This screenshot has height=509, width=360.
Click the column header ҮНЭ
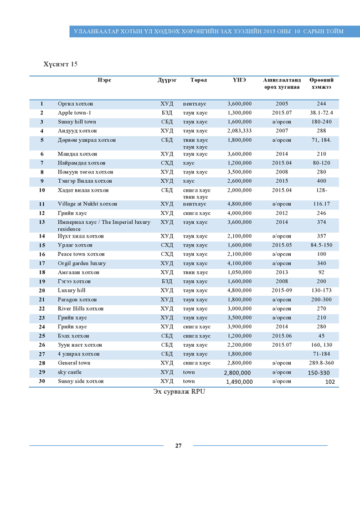[239, 80]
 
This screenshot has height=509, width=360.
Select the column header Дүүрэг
[167, 80]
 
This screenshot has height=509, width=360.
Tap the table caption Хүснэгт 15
[60, 64]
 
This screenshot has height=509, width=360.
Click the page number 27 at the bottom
[178, 445]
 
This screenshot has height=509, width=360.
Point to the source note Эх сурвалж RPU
[179, 392]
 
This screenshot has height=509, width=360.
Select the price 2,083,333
[239, 131]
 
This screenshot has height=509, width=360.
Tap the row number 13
[42, 222]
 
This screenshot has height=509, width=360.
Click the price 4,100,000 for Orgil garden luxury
[239, 263]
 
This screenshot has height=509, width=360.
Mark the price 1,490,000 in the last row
[239, 382]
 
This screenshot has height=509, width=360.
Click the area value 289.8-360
[321, 363]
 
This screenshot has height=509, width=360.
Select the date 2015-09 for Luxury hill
[281, 290]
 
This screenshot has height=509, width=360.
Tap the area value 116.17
[321, 204]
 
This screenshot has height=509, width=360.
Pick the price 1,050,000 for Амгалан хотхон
[239, 273]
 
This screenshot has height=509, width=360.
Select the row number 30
[42, 381]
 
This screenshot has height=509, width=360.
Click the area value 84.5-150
[321, 245]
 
